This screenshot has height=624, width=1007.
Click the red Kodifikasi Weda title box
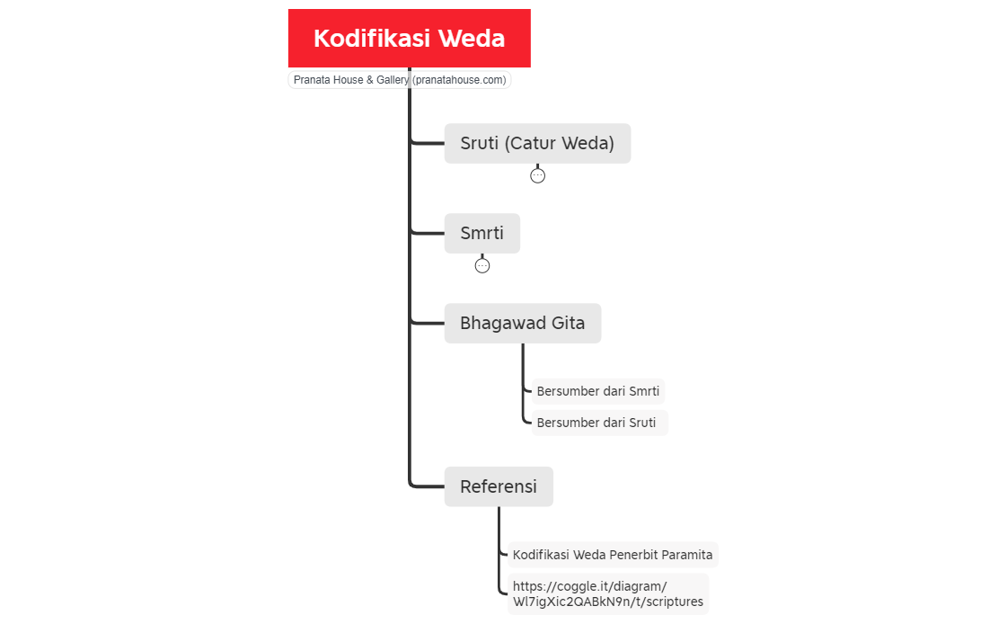point(409,38)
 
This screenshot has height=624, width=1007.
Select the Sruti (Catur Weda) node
point(537,143)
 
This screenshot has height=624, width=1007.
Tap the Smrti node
point(481,234)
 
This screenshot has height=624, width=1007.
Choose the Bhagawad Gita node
point(522,324)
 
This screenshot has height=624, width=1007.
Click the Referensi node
point(499,486)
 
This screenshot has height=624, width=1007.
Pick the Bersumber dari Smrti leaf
point(597,391)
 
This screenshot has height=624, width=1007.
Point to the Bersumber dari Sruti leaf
point(596,423)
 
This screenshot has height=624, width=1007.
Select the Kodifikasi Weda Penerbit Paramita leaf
point(613,555)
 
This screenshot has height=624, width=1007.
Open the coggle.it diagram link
point(607,594)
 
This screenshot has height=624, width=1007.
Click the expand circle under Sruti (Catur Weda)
point(537,175)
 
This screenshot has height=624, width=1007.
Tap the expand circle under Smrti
point(482,265)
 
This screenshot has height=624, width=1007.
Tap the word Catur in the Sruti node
point(539,143)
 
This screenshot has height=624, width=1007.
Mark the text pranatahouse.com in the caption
point(459,80)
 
